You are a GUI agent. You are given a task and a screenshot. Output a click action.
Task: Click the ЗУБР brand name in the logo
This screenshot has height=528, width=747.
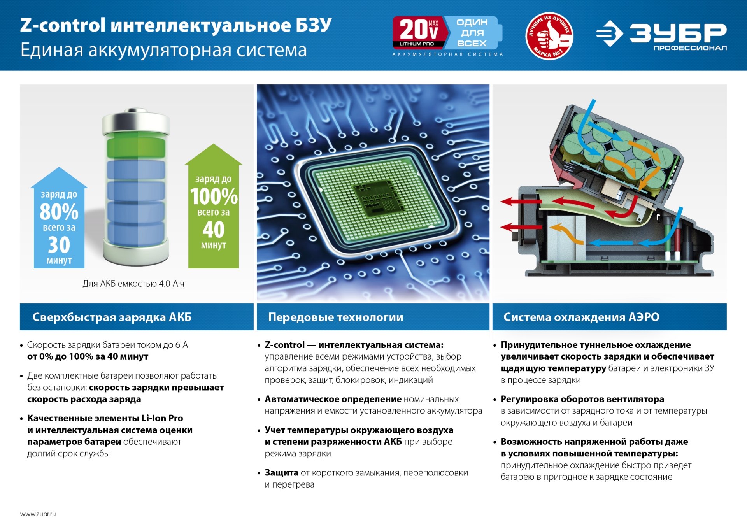click(677, 33)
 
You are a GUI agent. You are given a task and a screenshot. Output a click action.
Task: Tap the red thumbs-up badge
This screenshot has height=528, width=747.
click(549, 36)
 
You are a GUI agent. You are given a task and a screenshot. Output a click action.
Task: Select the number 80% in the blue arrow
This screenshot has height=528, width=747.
click(59, 212)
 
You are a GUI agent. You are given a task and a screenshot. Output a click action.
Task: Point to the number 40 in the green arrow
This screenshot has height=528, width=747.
click(214, 230)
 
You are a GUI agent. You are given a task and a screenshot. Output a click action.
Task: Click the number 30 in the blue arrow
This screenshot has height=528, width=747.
click(59, 245)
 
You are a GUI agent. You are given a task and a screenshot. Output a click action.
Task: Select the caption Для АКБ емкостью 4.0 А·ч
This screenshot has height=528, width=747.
click(133, 284)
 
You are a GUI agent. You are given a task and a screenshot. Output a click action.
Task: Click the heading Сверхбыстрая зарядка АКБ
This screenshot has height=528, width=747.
click(112, 317)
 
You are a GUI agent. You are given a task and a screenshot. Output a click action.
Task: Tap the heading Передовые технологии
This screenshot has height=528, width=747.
click(335, 317)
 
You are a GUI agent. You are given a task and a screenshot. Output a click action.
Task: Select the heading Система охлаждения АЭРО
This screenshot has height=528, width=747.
click(581, 317)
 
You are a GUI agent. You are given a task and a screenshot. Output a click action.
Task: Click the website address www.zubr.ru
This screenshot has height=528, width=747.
click(38, 514)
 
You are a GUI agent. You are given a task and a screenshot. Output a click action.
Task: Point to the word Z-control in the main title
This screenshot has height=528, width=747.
click(63, 25)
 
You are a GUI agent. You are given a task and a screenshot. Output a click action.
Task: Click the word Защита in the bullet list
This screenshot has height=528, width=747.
click(281, 473)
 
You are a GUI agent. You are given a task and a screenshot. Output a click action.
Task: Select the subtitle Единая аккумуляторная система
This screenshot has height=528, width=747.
click(163, 50)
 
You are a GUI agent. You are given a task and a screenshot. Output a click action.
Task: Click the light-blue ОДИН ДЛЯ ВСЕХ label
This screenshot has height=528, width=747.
click(472, 33)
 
